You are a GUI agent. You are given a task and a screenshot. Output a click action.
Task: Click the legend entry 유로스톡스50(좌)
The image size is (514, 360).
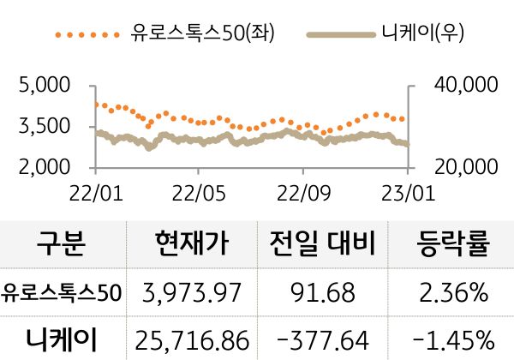185,34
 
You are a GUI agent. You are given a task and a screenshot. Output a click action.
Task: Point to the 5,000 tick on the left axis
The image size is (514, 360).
43,86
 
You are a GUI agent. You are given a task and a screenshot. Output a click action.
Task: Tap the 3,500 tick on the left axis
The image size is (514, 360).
43,127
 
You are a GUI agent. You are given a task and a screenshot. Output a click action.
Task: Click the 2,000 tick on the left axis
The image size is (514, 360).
43,167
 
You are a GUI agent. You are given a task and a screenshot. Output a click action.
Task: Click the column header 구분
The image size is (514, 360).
62,245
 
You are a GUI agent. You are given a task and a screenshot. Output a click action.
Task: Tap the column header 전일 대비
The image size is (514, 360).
322,245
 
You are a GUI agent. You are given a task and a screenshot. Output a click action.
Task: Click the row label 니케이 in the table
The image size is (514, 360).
62,339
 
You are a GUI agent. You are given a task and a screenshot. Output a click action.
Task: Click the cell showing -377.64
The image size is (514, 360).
322,339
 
